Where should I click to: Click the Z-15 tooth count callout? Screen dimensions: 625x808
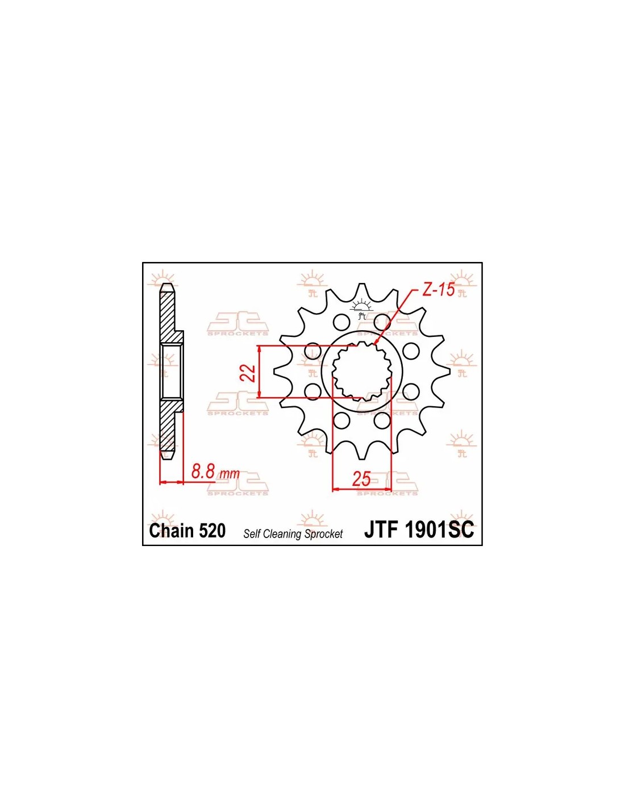coord(439,290)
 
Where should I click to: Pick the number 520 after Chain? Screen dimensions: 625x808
coord(213,531)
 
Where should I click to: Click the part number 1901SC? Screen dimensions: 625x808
coord(439,530)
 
